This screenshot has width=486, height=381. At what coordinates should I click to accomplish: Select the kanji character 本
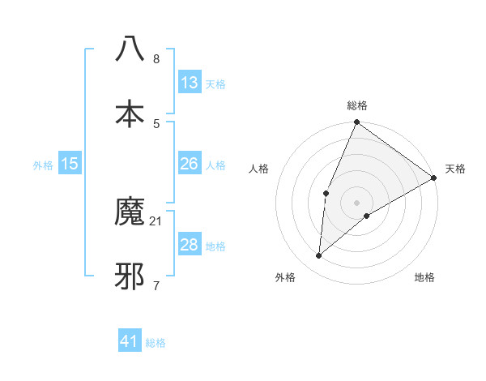click(x=130, y=113)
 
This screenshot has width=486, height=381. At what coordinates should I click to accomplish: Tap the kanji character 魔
click(x=130, y=212)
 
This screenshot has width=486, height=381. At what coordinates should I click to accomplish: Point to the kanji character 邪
click(x=130, y=276)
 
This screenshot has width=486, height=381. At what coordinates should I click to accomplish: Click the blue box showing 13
click(x=190, y=83)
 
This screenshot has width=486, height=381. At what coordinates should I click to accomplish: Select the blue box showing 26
click(x=190, y=164)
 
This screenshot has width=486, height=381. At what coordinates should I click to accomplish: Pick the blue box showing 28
click(x=190, y=245)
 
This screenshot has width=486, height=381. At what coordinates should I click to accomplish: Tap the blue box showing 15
click(x=70, y=164)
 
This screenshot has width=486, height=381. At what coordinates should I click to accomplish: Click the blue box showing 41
click(x=130, y=341)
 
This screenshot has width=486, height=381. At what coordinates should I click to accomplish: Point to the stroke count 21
click(x=156, y=220)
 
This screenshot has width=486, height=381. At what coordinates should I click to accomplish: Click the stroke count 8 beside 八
click(x=156, y=58)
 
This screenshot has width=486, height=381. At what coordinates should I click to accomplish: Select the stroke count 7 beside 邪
click(x=156, y=285)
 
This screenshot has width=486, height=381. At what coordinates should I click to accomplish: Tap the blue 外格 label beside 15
click(x=43, y=165)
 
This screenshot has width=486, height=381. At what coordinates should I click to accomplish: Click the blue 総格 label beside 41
click(x=156, y=342)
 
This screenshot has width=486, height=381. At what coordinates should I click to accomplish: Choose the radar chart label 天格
click(x=455, y=169)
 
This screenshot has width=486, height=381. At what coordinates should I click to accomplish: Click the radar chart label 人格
click(x=259, y=169)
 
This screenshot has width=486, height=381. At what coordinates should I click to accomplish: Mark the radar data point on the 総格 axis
click(x=356, y=122)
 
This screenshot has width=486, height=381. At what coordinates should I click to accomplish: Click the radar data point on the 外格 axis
click(x=319, y=255)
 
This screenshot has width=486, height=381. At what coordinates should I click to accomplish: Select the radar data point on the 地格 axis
click(x=367, y=216)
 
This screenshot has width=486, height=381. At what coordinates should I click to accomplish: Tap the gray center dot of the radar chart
click(x=356, y=202)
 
